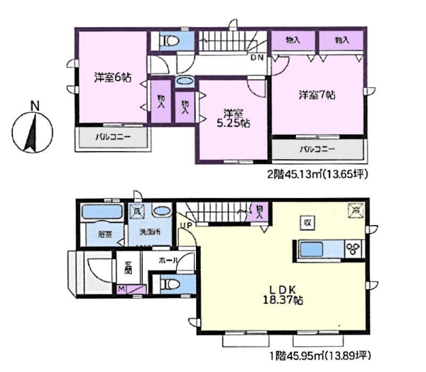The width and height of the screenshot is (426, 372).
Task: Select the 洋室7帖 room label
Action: point(316,94)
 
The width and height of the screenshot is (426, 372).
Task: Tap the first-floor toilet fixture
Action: point(170,284)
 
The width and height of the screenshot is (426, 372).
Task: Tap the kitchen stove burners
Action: point(352,249)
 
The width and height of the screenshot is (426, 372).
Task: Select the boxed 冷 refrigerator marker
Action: point(354,209)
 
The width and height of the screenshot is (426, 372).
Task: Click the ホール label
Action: point(169,261)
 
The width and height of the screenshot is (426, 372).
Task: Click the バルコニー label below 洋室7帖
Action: point(317,150)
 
